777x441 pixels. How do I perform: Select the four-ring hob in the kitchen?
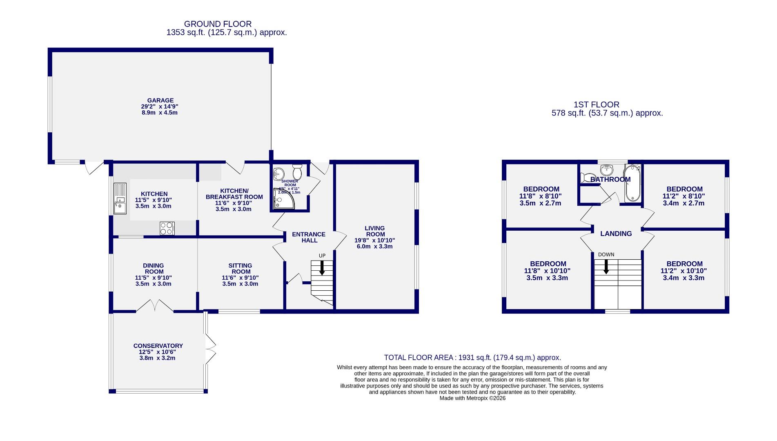167,228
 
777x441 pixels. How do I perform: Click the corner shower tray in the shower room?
282,201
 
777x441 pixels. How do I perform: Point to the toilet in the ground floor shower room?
297,172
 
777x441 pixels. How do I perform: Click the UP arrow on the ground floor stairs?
322,267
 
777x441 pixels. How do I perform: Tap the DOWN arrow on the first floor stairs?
606,267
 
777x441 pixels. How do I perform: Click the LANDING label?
616,234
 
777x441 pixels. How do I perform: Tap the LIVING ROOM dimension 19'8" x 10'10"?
374,241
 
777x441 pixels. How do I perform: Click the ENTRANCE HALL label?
309,237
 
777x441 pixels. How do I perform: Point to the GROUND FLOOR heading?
218,24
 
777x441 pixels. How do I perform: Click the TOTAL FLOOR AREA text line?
472,358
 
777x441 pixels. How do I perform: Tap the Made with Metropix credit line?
472,398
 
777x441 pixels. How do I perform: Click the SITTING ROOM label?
240,269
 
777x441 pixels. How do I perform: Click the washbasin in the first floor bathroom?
607,169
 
